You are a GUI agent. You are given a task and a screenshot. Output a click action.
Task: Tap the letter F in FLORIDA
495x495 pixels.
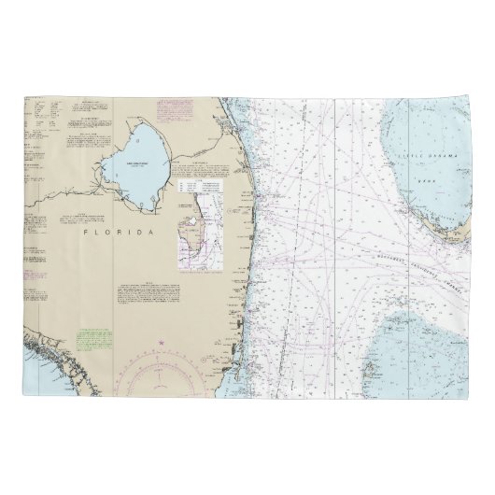click(x=85, y=230)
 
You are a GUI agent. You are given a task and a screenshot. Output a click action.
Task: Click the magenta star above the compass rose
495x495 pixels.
click(x=161, y=346)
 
